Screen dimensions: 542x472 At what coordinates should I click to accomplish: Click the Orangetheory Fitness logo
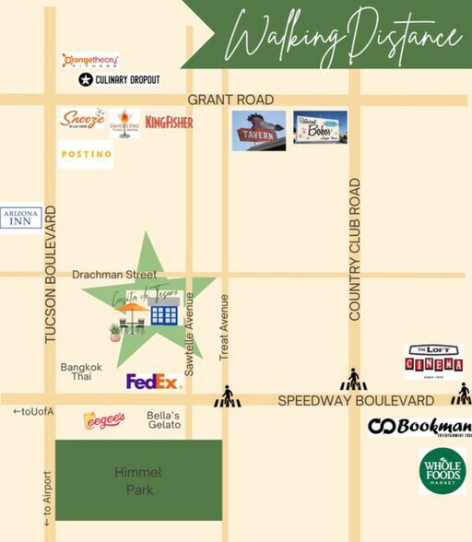click(x=89, y=61)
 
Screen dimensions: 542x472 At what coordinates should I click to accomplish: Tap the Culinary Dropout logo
click(x=120, y=80)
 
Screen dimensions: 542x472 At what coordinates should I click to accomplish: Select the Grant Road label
click(x=230, y=100)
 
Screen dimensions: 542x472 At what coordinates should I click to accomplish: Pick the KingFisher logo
click(x=169, y=122)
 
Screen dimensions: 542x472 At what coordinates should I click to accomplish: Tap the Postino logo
click(x=86, y=154)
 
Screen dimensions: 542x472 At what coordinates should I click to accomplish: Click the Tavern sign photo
click(x=259, y=130)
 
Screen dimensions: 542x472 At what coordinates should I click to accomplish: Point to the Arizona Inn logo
click(x=21, y=218)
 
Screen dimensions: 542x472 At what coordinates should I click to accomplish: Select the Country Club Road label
click(x=355, y=250)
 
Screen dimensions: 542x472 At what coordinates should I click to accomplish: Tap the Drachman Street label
click(x=114, y=275)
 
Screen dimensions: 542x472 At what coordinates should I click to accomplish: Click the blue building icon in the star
click(x=163, y=313)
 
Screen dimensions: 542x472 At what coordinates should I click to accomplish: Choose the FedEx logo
click(x=152, y=381)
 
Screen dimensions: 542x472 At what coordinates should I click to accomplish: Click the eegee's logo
click(x=104, y=420)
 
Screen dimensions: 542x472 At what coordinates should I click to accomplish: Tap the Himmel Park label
click(x=138, y=480)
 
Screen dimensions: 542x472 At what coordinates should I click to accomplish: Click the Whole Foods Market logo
click(x=442, y=471)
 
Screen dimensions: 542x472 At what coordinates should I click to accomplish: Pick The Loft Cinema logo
click(x=433, y=362)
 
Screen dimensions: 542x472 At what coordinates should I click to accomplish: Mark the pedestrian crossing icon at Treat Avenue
click(x=227, y=397)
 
